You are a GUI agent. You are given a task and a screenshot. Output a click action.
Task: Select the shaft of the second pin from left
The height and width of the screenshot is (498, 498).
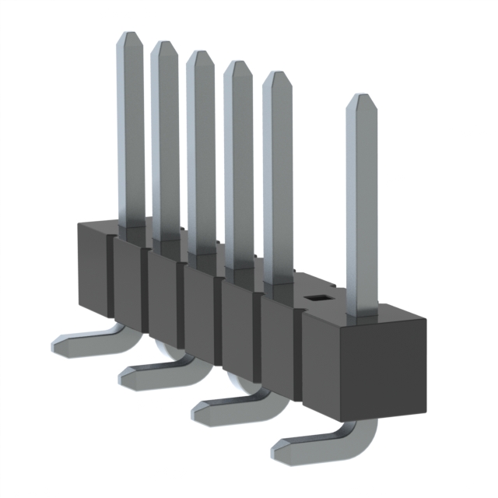pyautogui.click(x=164, y=140)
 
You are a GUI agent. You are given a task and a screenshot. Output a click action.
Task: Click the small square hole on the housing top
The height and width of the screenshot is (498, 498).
pyautogui.click(x=317, y=296)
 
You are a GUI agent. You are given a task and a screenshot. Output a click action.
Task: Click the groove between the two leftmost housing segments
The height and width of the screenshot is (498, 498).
pyautogui.click(x=112, y=280)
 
